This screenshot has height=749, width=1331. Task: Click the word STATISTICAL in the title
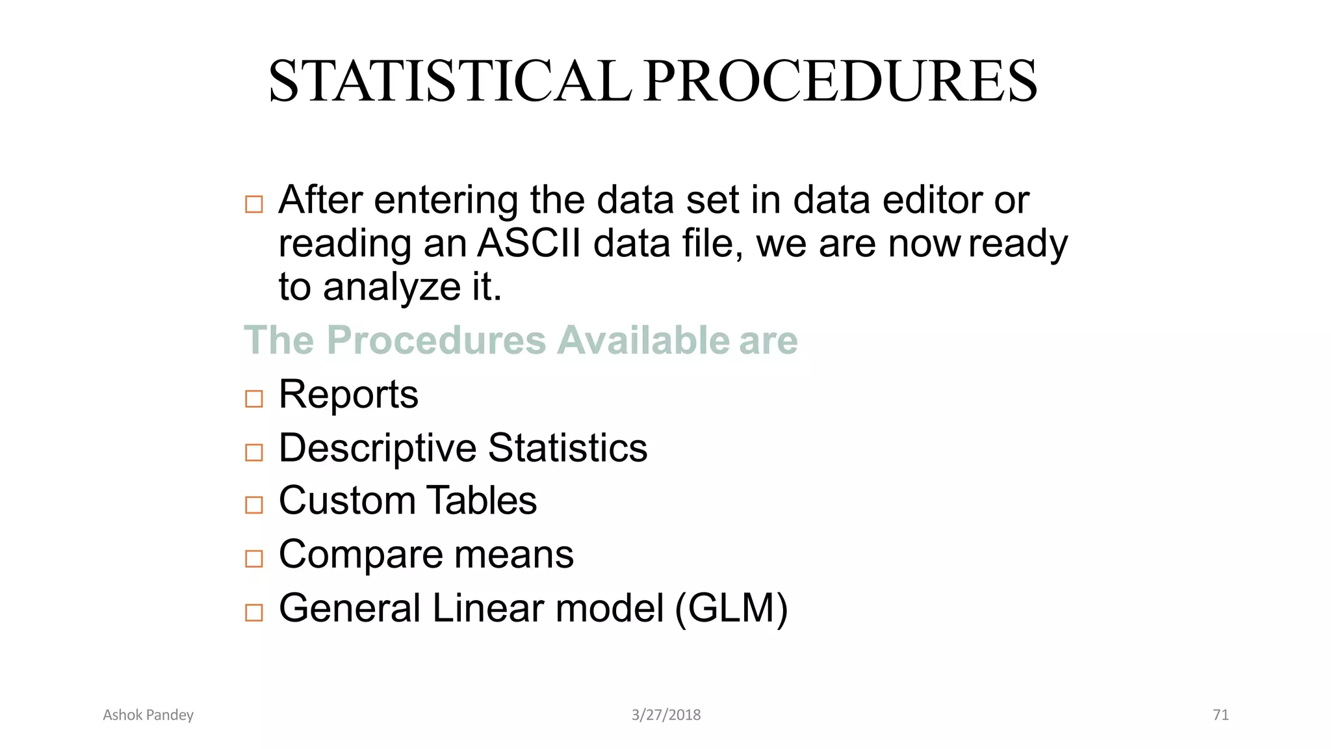point(450,81)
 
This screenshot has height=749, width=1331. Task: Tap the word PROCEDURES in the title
point(841,81)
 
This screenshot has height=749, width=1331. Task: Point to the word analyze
point(392,287)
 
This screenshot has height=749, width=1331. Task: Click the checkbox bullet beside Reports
point(253,398)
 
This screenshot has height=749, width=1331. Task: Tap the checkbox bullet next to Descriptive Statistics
point(253,452)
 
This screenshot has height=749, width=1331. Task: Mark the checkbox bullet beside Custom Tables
point(253,505)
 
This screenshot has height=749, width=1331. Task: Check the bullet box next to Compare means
point(253,558)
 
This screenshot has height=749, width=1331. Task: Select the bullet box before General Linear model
point(253,612)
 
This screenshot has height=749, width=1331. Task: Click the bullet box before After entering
point(253,204)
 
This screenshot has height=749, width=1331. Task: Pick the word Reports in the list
point(348,395)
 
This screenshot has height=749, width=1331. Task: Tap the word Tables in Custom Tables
point(482,501)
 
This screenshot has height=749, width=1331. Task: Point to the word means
point(513,555)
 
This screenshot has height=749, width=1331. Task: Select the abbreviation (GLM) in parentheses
point(731,609)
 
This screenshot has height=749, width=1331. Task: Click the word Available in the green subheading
point(643,340)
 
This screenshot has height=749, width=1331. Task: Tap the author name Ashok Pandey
point(148,715)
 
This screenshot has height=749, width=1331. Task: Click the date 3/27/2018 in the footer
point(666,715)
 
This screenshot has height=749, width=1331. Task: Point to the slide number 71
point(1221,715)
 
